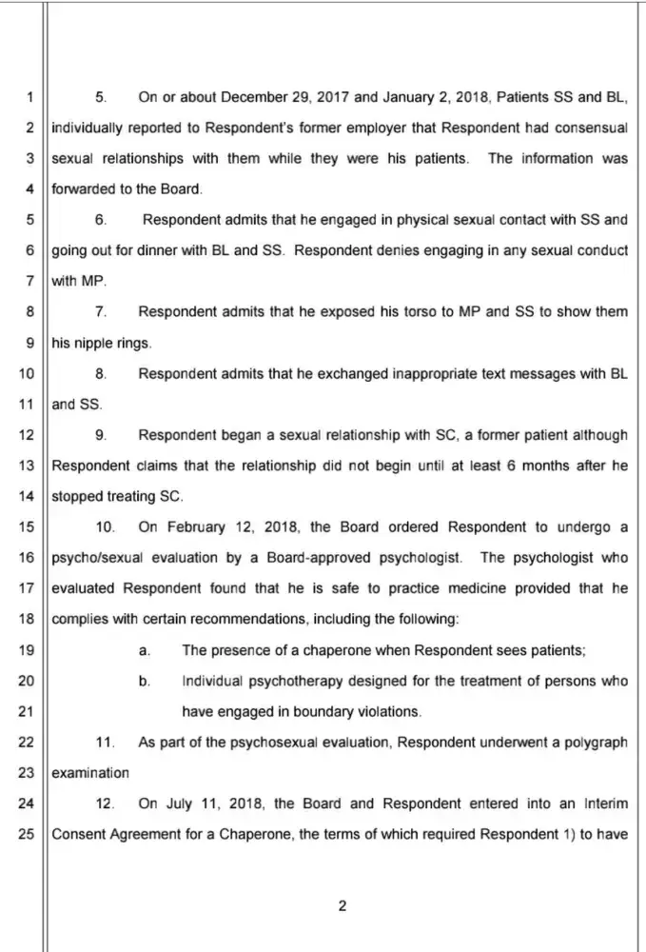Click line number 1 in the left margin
pyautogui.click(x=29, y=97)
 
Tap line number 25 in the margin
pyautogui.click(x=26, y=835)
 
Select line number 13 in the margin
pyautogui.click(x=26, y=466)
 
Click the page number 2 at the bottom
pyautogui.click(x=342, y=906)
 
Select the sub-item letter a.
pyautogui.click(x=144, y=650)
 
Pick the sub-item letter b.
pyautogui.click(x=144, y=682)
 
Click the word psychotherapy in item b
pyautogui.click(x=285, y=682)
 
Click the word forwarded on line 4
pyautogui.click(x=82, y=188)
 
